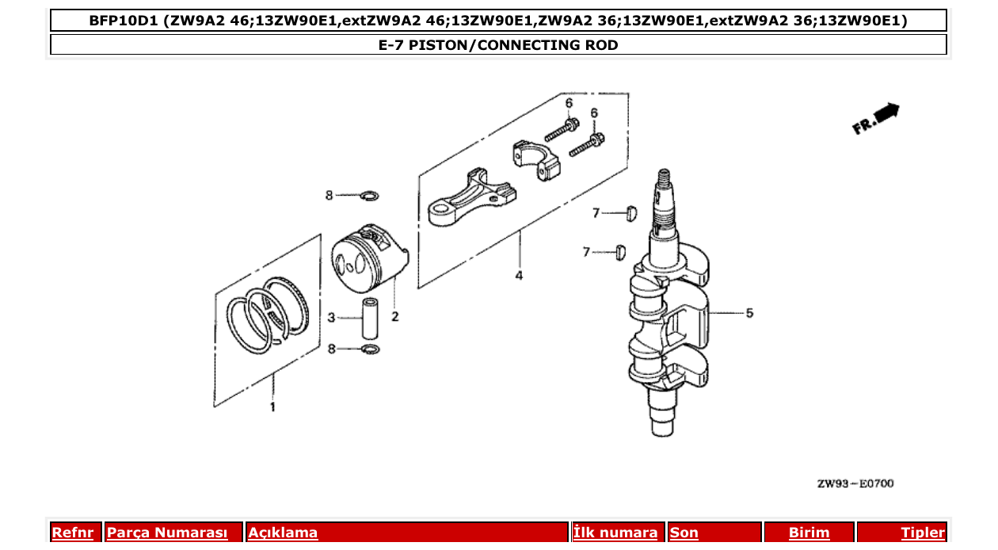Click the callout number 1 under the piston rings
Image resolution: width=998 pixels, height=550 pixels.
click(x=272, y=407)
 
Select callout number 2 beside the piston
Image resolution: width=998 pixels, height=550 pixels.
click(x=394, y=317)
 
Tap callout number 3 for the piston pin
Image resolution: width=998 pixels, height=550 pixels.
click(x=332, y=319)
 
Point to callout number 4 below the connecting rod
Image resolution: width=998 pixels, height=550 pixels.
click(x=519, y=276)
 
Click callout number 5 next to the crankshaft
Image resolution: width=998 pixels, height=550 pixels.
click(x=748, y=313)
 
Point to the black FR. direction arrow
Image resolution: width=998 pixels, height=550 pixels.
click(x=888, y=113)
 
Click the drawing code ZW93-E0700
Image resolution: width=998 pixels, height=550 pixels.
click(x=855, y=483)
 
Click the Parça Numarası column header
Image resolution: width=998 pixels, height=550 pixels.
click(x=166, y=533)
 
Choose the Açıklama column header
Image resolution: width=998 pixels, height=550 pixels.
click(x=283, y=533)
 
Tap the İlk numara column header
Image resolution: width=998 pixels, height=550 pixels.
click(x=615, y=533)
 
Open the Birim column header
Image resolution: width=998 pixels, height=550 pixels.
click(x=809, y=533)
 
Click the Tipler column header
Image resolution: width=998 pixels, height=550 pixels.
click(x=922, y=533)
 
